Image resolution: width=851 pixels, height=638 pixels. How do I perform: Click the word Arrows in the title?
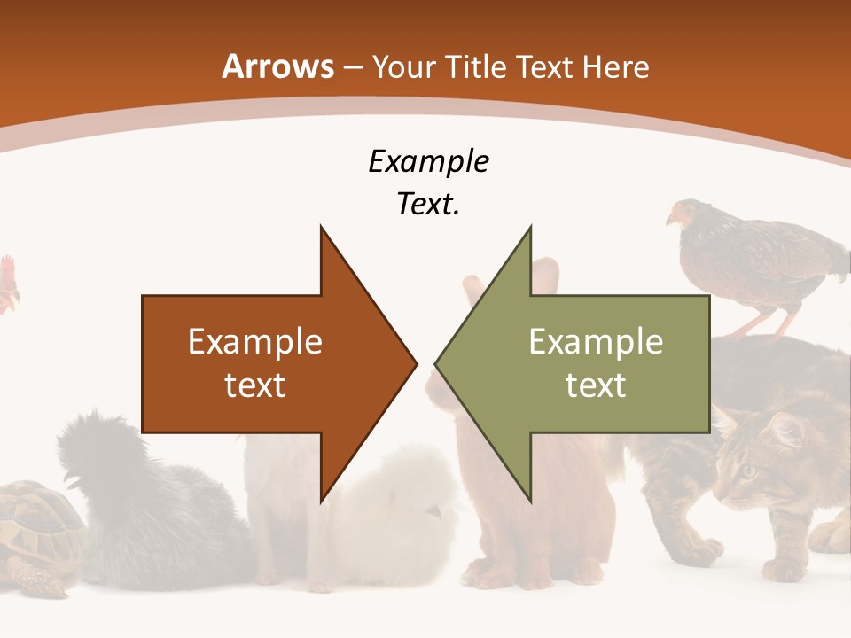click(277, 66)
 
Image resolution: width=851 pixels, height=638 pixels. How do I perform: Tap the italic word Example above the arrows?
click(428, 162)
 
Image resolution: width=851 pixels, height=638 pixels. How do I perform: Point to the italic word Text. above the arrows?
click(428, 205)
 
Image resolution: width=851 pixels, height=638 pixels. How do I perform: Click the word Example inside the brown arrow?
click(255, 342)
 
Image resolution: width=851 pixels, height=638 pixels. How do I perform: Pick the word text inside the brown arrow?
click(255, 385)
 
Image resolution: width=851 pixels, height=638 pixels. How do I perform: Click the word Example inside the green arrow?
click(596, 342)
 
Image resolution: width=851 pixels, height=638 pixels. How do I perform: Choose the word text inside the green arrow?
click(596, 385)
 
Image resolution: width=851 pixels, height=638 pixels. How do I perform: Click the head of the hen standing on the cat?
click(681, 214)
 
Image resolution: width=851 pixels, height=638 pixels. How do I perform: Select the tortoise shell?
click(35, 523)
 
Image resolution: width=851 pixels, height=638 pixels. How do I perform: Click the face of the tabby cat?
click(753, 465)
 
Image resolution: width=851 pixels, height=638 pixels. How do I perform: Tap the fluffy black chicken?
click(133, 496)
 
